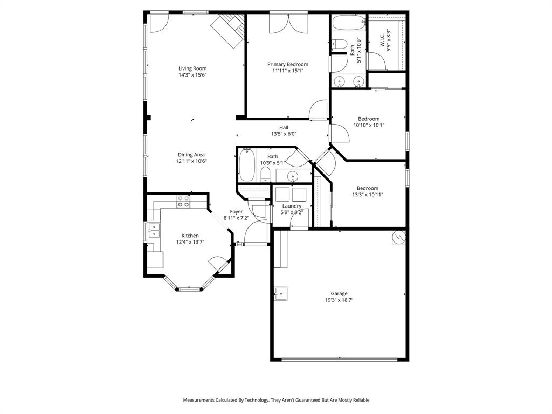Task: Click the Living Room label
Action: [192, 68]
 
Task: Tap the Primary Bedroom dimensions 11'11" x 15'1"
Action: [288, 71]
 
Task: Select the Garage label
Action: [339, 293]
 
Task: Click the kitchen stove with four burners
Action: [183, 202]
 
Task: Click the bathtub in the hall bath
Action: [246, 165]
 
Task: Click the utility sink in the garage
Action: [280, 294]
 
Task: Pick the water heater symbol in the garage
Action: [398, 237]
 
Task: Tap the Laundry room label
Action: [292, 206]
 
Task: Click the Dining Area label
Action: [191, 155]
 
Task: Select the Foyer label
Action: [236, 211]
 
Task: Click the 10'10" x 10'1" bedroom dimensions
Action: [369, 125]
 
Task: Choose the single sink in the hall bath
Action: [292, 176]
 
